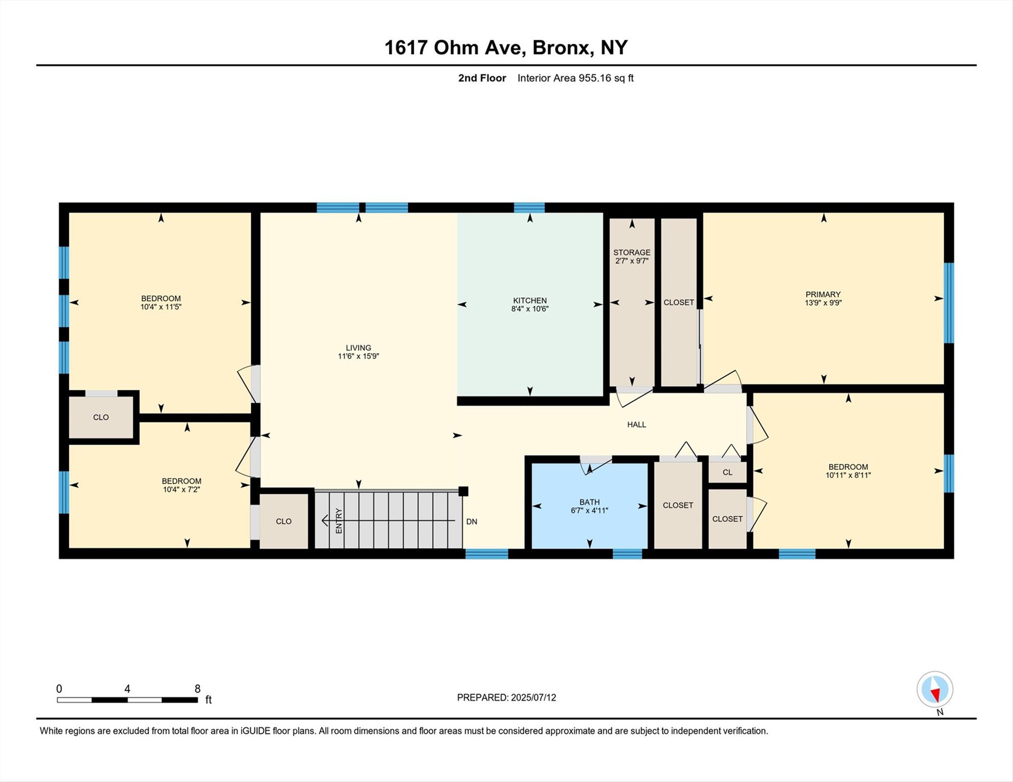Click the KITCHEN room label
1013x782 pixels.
point(529,300)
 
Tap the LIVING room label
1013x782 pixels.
point(358,348)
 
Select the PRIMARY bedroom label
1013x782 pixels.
point(822,294)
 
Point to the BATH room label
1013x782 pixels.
point(589,502)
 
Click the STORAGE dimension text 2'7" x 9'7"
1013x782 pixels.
point(631,261)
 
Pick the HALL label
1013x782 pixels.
point(636,425)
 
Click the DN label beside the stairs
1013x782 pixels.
point(471,522)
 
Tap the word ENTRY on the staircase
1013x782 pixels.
point(339,521)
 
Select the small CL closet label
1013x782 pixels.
point(727,472)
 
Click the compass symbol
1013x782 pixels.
point(935,689)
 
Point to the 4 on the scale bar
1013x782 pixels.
point(127,689)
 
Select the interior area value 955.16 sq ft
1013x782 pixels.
point(605,78)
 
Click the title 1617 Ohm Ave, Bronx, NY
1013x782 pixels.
point(505,47)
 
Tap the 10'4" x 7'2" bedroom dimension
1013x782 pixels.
point(181,490)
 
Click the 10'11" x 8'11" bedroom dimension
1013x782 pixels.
point(848,476)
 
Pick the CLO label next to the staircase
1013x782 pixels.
point(283,521)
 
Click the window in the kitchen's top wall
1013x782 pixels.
point(529,207)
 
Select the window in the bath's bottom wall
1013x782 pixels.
point(627,554)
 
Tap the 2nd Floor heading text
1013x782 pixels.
point(482,78)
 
